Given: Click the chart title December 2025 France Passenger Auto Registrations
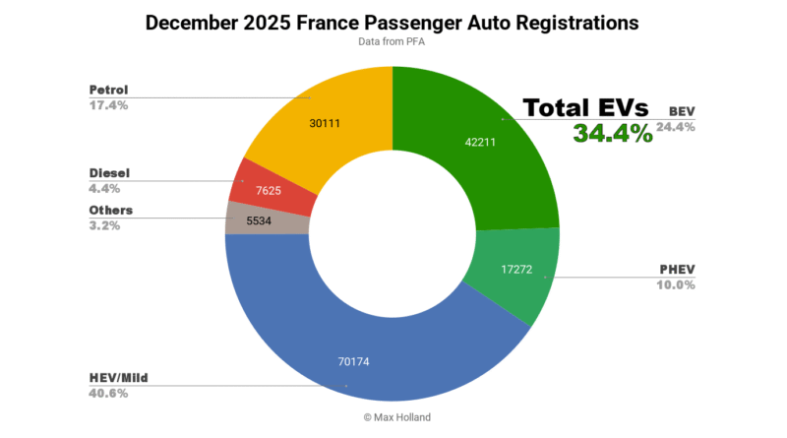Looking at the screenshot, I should [x=393, y=22].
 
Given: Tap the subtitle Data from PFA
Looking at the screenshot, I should [x=393, y=43].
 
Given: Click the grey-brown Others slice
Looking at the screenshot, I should [x=251, y=219].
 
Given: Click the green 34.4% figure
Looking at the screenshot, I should [x=613, y=134].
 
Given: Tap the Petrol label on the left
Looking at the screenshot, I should [x=109, y=90].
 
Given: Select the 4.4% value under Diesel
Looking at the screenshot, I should [x=104, y=188].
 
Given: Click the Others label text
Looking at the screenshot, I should [x=110, y=210].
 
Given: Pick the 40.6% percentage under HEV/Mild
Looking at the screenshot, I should [x=108, y=393].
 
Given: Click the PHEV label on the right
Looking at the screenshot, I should [x=678, y=270].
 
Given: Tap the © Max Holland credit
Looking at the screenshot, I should [x=393, y=417].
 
